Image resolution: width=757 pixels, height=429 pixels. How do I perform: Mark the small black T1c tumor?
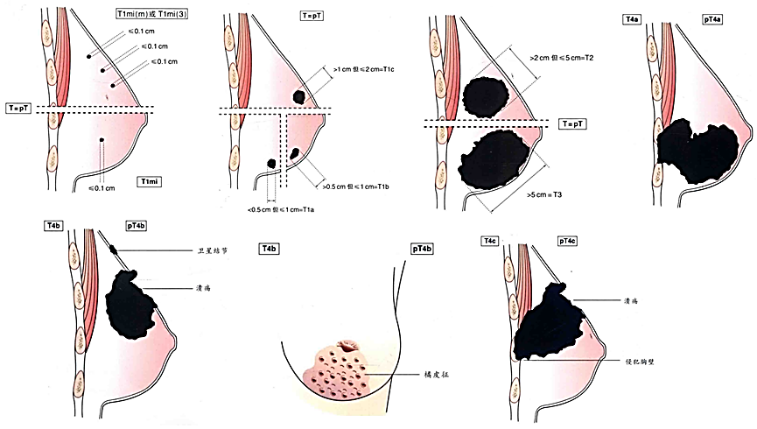(299, 96)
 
